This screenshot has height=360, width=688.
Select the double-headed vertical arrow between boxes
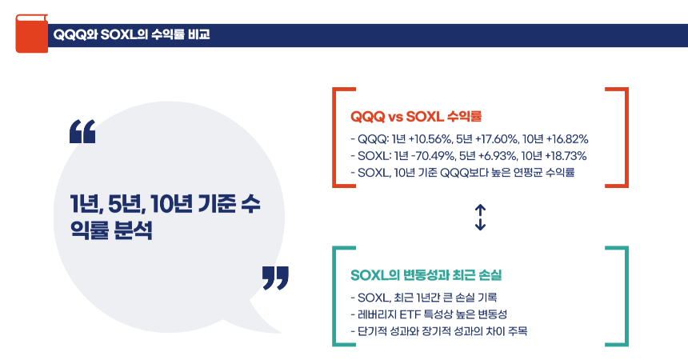pyautogui.click(x=480, y=217)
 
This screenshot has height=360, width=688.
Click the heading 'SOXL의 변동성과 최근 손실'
pyautogui.click(x=426, y=275)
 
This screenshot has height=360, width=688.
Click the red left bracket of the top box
pyautogui.click(x=337, y=138)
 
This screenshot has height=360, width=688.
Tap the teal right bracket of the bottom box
pyautogui.click(x=622, y=296)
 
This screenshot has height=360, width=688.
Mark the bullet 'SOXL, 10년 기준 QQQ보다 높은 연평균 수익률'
pyautogui.click(x=462, y=172)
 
